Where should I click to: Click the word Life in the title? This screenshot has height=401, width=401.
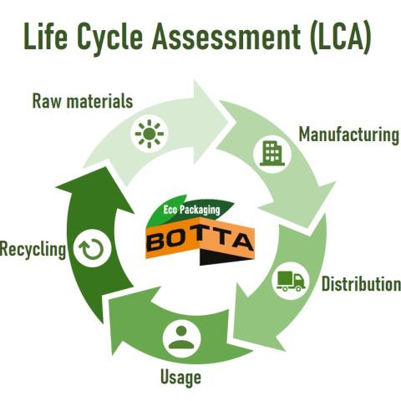click(x=46, y=36)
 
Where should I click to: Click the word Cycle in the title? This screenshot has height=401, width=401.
click(x=109, y=38)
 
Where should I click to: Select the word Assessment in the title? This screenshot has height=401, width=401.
click(x=226, y=36)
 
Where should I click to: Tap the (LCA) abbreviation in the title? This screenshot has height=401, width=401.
click(x=341, y=38)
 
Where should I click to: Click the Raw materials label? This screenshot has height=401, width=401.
click(x=83, y=101)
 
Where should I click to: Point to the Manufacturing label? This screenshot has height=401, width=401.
click(x=349, y=135)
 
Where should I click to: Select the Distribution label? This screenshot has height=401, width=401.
click(x=361, y=284)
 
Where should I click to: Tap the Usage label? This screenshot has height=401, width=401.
click(x=180, y=378)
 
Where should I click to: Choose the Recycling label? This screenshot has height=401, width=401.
click(x=33, y=249)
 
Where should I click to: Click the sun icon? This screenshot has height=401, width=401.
click(x=150, y=134)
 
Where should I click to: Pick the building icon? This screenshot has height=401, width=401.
click(x=272, y=154)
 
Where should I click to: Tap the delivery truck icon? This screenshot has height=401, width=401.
click(x=291, y=281)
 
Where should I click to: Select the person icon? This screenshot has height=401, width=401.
click(x=181, y=338)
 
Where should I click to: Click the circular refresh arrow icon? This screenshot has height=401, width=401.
click(x=92, y=249)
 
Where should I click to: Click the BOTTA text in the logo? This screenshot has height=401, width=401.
click(x=200, y=240)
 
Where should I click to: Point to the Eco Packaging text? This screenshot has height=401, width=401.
click(x=191, y=210)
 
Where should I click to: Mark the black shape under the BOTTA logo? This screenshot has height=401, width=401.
click(x=223, y=256)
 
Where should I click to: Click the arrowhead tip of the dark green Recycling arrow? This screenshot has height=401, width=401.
click(x=104, y=167)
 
